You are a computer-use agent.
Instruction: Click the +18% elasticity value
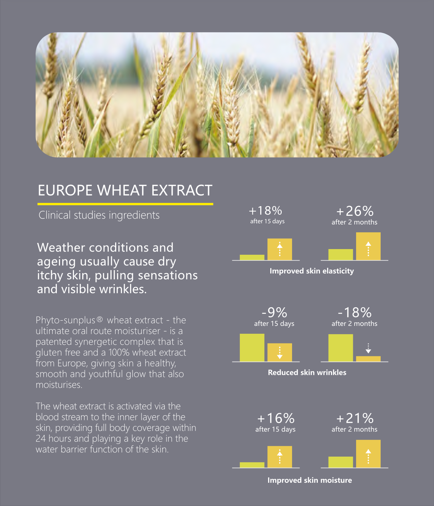coord(265,210)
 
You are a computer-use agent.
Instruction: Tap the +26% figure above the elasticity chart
coord(355,211)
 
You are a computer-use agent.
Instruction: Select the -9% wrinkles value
coord(274,313)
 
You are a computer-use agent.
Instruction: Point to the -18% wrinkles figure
coord(355,313)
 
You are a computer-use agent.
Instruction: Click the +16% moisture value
coord(276,418)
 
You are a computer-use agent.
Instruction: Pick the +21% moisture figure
coord(355,418)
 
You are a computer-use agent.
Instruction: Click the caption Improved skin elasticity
coord(312,271)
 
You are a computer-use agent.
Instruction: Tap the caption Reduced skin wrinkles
coord(307,373)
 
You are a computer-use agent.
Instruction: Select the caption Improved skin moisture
coord(310,480)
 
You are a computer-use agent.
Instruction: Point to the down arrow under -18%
coord(368,348)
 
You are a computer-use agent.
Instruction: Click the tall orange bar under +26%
coord(368,246)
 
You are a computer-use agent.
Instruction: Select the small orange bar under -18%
coord(368,359)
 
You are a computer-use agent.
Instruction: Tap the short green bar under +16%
coord(252,465)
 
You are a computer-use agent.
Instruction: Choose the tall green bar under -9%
coord(252,348)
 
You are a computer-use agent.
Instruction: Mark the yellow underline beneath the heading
coord(125,204)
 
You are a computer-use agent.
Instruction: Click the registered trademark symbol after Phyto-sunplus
coord(100,319)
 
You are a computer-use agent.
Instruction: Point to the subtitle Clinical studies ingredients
coord(99,215)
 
